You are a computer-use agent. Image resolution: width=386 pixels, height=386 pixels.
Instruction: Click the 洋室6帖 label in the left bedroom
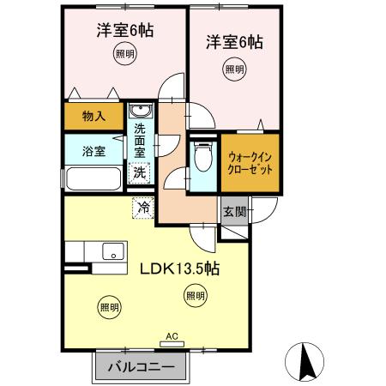click(x=124, y=31)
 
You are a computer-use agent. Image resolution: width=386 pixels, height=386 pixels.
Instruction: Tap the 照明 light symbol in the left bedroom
click(x=124, y=54)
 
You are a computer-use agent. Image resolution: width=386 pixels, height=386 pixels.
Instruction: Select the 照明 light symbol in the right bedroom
click(x=234, y=68)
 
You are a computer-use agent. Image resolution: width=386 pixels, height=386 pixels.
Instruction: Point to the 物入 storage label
click(x=93, y=115)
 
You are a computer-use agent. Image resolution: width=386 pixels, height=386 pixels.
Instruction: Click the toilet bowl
click(x=203, y=158)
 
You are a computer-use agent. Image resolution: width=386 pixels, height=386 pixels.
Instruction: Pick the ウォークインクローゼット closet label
click(x=251, y=162)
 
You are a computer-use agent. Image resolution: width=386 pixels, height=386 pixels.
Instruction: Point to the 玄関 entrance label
click(x=235, y=210)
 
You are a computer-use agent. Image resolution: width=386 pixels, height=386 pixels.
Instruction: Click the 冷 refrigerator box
click(x=145, y=208)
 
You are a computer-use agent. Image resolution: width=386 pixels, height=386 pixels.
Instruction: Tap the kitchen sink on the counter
click(x=112, y=251)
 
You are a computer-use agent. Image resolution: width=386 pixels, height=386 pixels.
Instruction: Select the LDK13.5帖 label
click(x=179, y=268)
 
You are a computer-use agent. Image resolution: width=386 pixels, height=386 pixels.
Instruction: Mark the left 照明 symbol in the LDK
click(x=108, y=306)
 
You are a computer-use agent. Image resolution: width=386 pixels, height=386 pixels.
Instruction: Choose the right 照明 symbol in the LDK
click(x=195, y=296)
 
